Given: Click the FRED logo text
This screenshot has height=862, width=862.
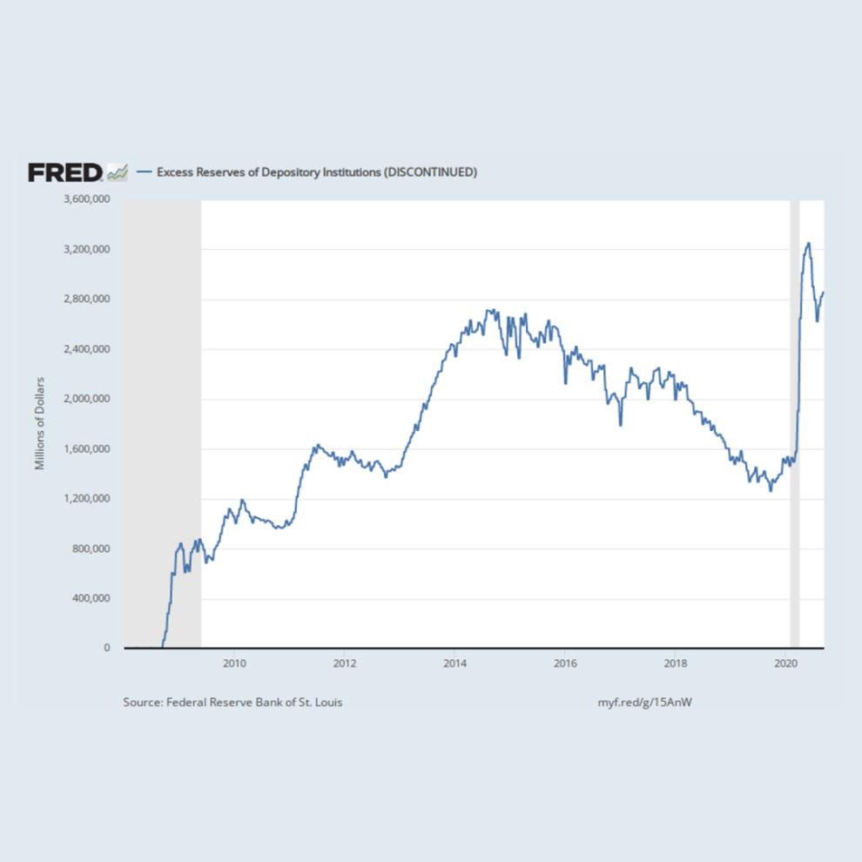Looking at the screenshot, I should [64, 172].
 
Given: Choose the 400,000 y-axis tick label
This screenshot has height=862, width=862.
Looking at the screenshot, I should [90, 598].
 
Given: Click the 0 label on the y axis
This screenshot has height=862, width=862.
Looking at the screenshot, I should [107, 648].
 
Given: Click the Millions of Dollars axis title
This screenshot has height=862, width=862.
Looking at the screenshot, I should [39, 424].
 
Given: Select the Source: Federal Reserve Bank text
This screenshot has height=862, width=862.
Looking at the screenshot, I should [232, 702].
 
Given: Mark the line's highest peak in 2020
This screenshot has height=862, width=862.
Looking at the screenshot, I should [809, 244].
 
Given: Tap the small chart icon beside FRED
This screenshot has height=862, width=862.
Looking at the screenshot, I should [117, 172].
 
